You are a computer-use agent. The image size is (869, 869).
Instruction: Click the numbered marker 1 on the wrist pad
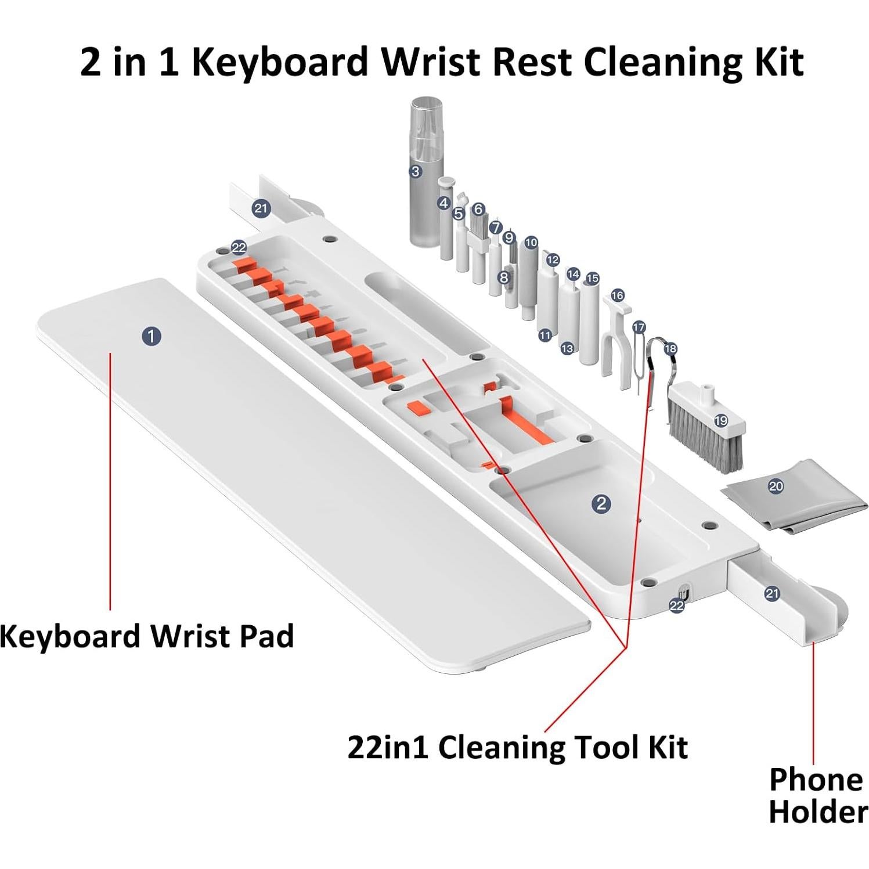point(152,336)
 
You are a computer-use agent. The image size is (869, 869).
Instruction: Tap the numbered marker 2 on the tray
point(601,503)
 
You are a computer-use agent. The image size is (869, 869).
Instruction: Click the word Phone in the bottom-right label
point(815,780)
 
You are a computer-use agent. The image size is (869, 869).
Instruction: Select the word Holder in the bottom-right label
point(818,811)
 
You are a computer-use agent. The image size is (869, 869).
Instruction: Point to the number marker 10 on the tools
point(531,243)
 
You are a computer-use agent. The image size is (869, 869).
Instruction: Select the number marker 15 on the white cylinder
point(592,279)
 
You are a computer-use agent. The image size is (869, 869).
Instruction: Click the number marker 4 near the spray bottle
point(444,203)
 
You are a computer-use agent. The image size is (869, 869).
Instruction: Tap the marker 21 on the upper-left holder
point(261,208)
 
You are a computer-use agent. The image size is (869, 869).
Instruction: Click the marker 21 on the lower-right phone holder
point(771,593)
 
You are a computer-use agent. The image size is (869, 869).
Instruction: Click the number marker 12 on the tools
point(552,260)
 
